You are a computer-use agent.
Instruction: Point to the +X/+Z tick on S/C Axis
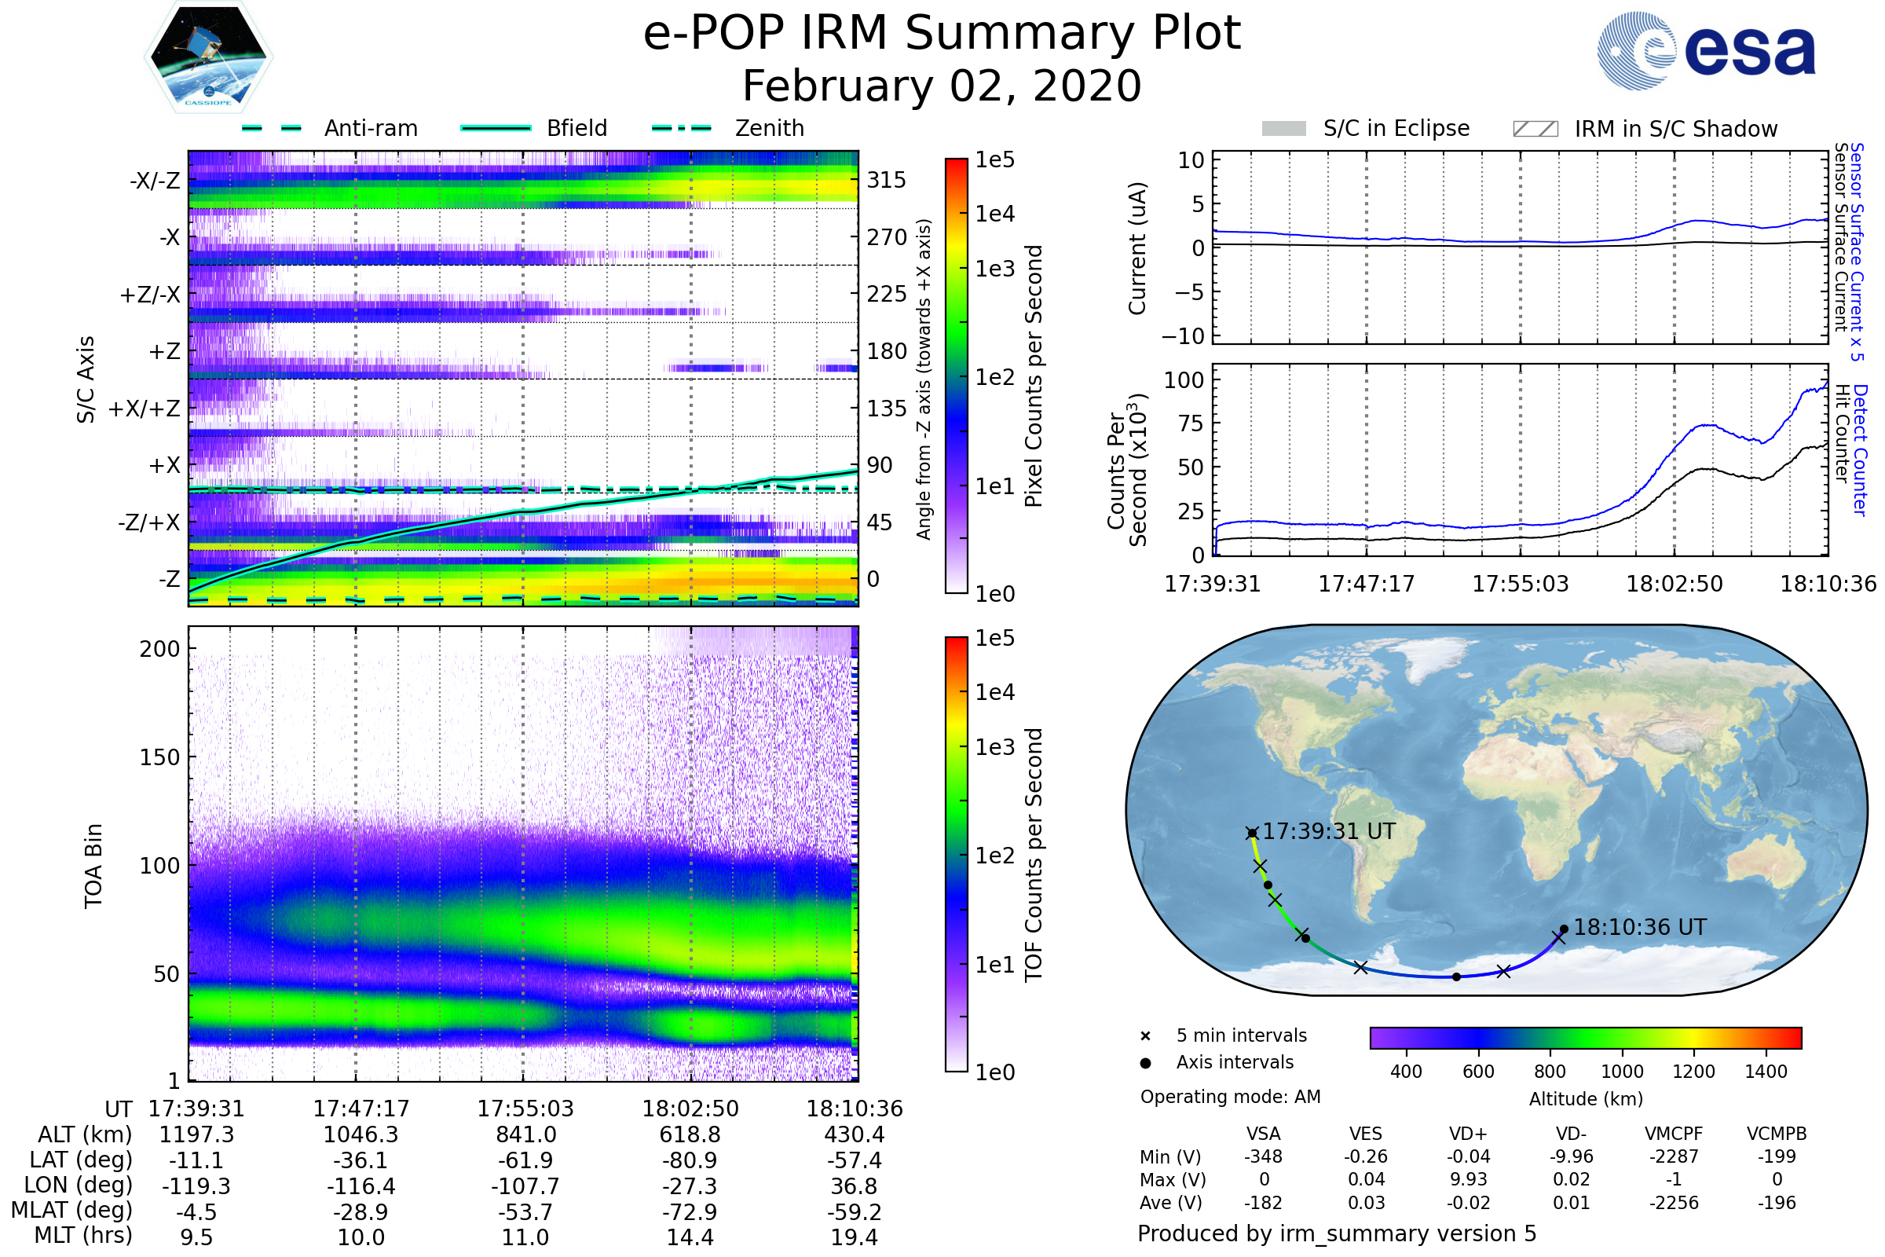click(x=145, y=409)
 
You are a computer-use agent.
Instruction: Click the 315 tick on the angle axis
click(x=886, y=180)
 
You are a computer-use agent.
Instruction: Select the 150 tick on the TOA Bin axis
click(x=159, y=757)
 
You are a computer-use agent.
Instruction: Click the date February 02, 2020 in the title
click(x=942, y=86)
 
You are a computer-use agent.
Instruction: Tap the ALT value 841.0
click(x=525, y=1135)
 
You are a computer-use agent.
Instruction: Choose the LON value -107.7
click(x=525, y=1186)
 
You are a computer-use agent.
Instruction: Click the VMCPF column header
click(x=1674, y=1134)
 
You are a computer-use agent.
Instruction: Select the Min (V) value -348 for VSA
click(x=1263, y=1156)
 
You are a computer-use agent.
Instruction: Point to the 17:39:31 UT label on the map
click(x=1329, y=831)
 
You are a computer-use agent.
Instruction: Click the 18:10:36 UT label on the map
click(x=1640, y=928)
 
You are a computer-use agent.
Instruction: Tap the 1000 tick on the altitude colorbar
click(x=1622, y=1072)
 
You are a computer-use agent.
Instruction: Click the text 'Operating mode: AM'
click(x=1230, y=1097)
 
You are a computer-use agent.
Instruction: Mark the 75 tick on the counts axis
click(x=1191, y=423)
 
